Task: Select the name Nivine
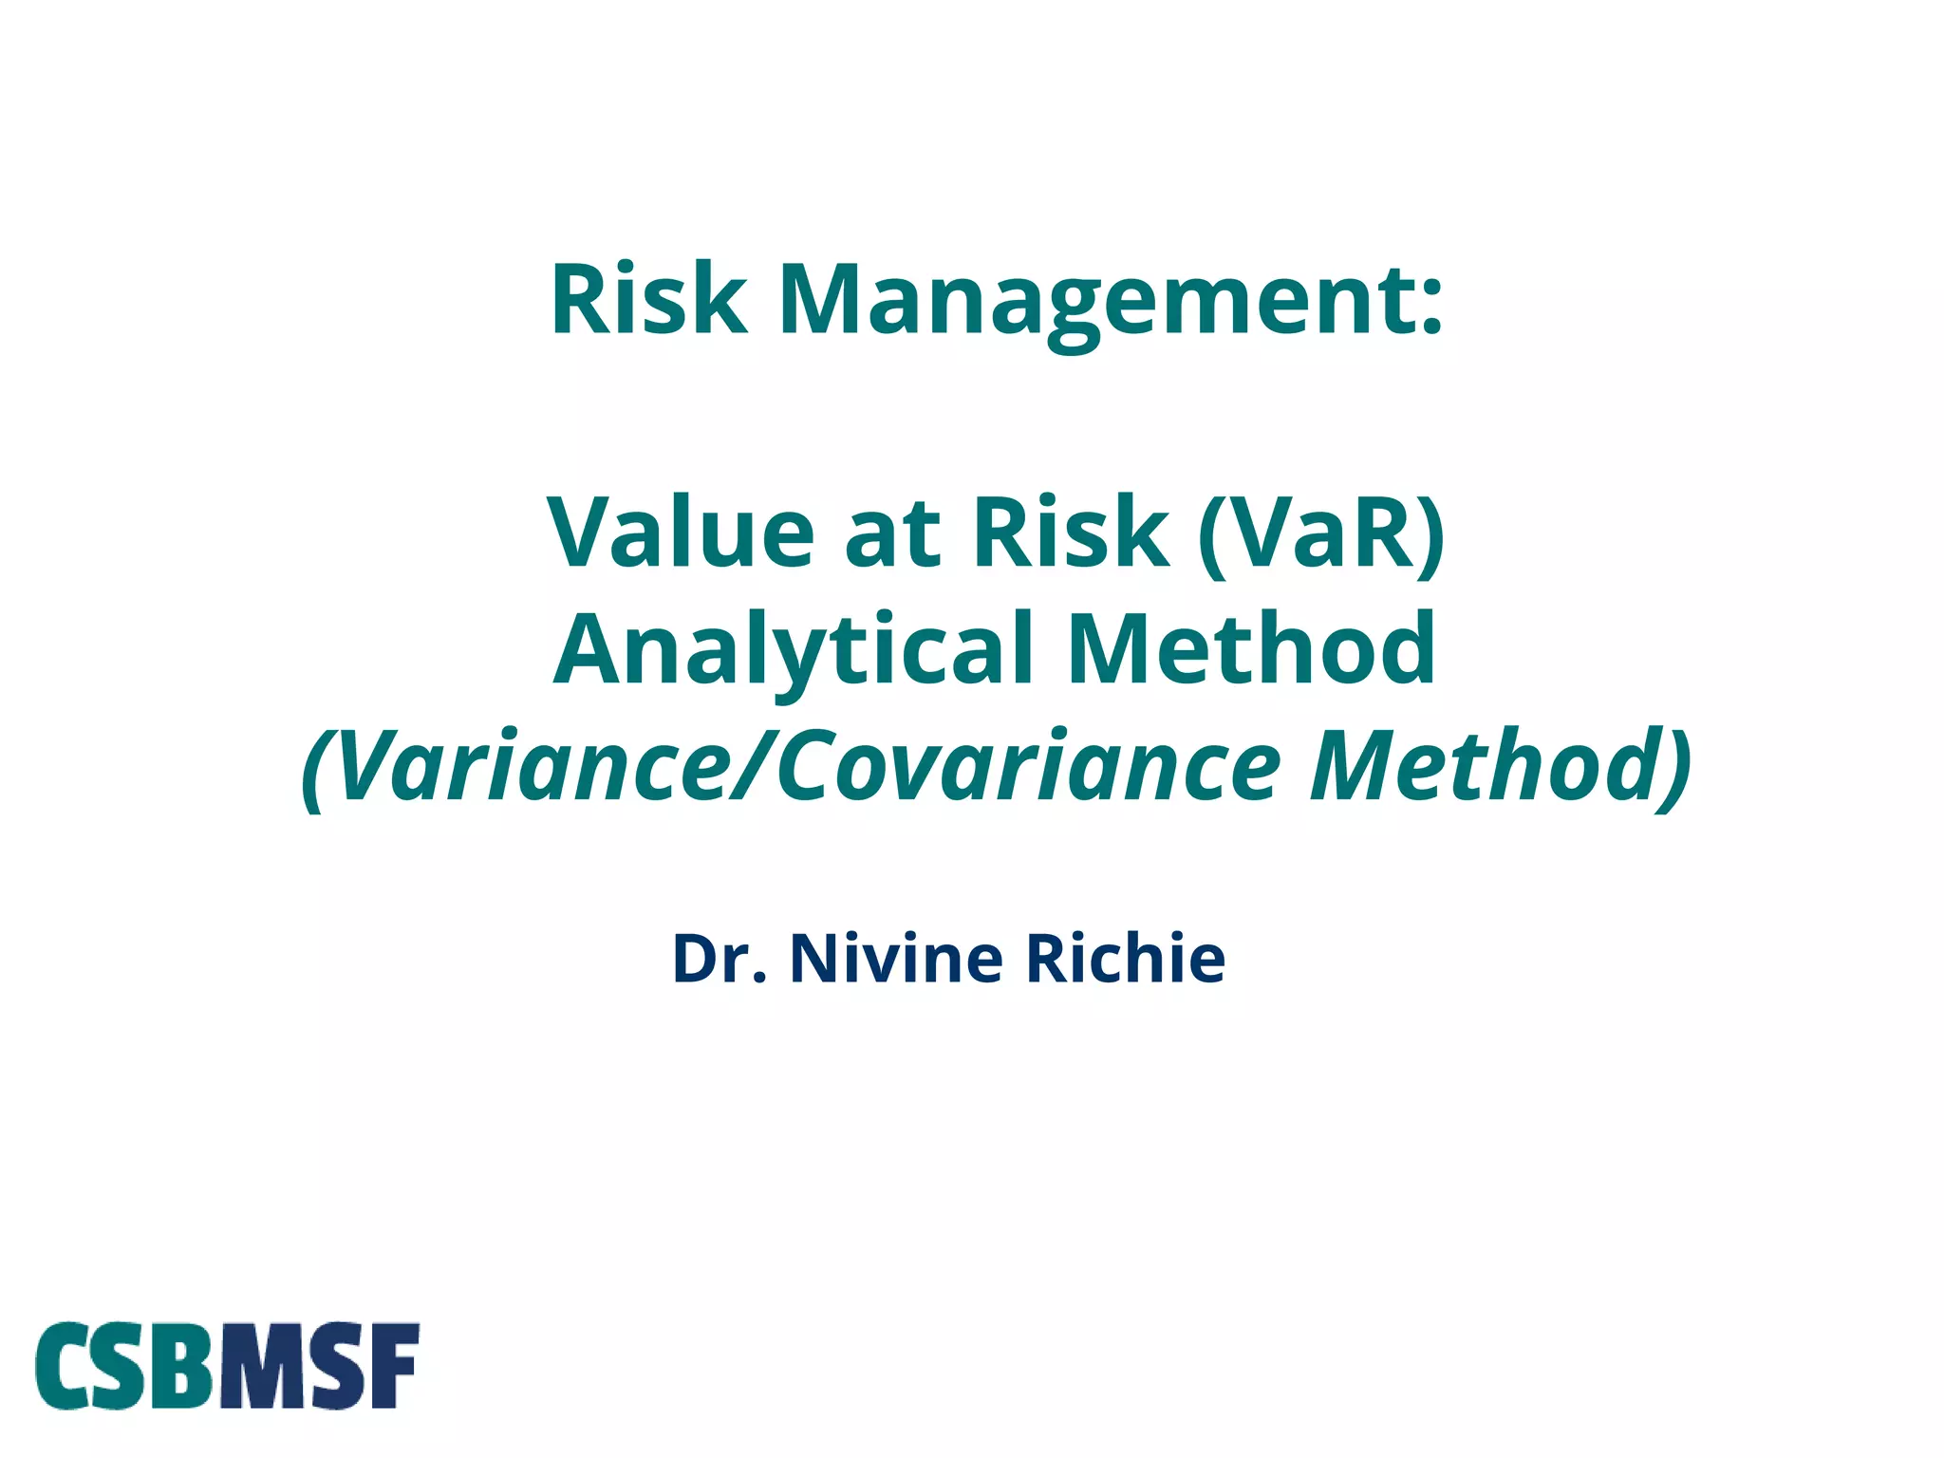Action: [896, 959]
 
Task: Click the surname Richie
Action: [1126, 959]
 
